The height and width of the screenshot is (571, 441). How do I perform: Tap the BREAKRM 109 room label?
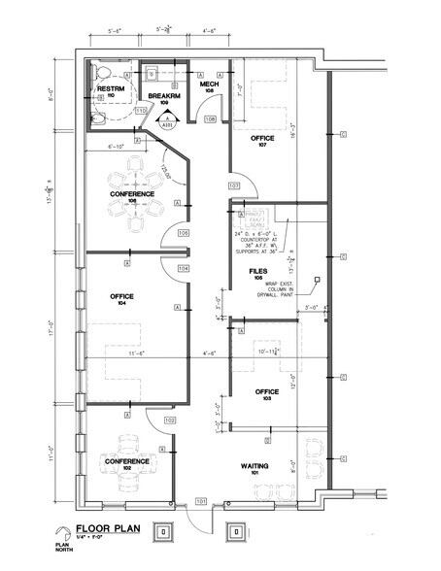point(162,99)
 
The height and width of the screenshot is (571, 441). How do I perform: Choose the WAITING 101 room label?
point(254,471)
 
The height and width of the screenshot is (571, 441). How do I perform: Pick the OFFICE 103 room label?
point(266,395)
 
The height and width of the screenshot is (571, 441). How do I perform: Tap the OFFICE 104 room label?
point(122,299)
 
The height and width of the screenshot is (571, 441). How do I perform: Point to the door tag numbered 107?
point(233,185)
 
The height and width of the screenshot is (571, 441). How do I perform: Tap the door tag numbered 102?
point(170,420)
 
